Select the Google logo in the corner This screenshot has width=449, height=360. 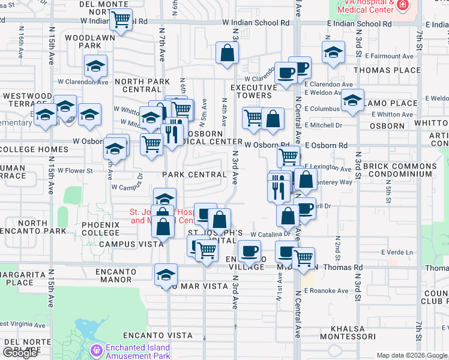[x=20, y=353]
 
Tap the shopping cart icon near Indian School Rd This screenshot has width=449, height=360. [x=121, y=20]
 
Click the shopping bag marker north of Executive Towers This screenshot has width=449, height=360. [x=228, y=52]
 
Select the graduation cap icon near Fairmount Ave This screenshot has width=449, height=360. [x=333, y=52]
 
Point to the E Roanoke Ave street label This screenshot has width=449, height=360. [x=326, y=291]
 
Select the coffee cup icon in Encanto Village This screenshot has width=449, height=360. [x=249, y=250]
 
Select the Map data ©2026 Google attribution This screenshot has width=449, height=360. [x=412, y=355]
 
